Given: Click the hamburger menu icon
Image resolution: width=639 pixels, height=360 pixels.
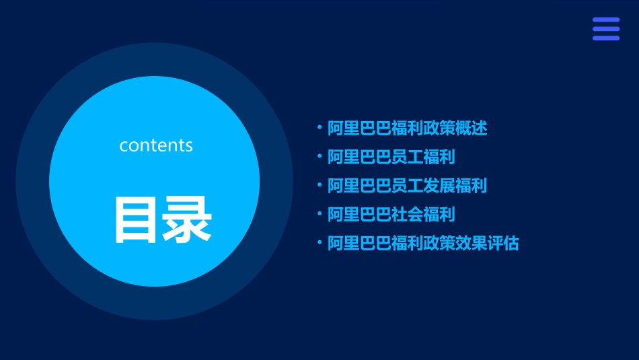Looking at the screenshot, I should tap(605, 29).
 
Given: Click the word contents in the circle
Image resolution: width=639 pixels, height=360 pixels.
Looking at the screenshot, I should tap(156, 145).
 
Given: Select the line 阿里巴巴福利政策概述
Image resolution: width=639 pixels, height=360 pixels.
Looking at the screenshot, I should tap(407, 128).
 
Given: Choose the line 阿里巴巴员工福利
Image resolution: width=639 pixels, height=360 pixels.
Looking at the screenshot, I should tap(391, 157).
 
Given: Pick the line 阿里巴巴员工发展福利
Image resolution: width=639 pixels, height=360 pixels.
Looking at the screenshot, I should tap(407, 186).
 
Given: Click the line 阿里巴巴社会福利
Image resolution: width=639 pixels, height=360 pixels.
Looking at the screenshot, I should tap(391, 215).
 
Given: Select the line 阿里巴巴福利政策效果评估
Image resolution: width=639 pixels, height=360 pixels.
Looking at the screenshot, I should tap(423, 244).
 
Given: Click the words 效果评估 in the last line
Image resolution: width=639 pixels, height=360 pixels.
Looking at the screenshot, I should tap(487, 244).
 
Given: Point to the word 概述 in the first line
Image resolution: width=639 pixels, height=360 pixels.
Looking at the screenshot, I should tap(471, 128).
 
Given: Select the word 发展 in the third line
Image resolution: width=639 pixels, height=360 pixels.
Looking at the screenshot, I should tap(439, 186).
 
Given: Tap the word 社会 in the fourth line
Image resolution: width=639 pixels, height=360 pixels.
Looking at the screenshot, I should tap(407, 215).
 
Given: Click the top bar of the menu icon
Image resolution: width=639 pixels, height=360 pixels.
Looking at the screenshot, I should tap(605, 20).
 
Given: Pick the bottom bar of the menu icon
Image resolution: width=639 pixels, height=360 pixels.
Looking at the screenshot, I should tap(605, 38).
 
